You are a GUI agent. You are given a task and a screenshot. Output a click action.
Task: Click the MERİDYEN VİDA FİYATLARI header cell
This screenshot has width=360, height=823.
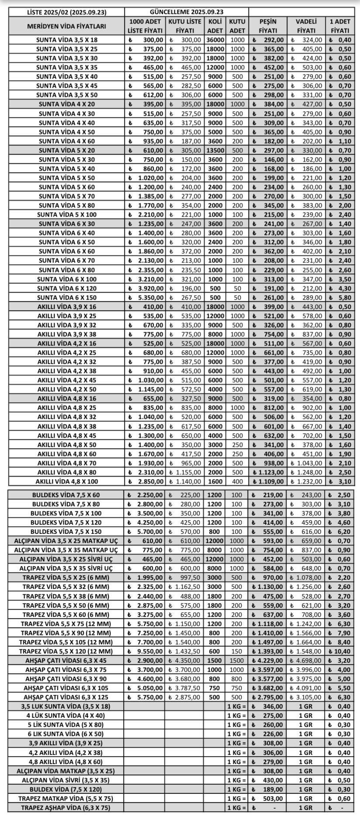click(x=66, y=26)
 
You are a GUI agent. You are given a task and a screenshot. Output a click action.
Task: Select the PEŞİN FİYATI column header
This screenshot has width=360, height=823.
click(x=268, y=26)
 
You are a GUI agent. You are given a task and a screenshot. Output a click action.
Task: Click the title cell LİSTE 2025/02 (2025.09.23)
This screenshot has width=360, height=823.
click(x=66, y=12)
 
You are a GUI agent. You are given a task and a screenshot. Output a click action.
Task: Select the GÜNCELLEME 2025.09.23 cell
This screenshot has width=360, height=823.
click(x=187, y=12)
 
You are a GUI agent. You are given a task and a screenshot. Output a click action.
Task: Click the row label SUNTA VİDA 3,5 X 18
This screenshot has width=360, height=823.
click(x=66, y=40)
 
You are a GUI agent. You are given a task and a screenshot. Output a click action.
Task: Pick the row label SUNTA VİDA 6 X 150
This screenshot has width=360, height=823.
click(x=66, y=297)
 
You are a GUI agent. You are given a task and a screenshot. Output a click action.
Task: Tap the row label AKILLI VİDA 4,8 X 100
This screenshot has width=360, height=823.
click(x=66, y=481)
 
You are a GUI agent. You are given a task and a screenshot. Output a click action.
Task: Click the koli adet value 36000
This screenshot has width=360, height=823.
click(x=215, y=40)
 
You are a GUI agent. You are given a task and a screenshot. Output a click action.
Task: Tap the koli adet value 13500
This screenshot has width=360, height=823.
click(x=215, y=150)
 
